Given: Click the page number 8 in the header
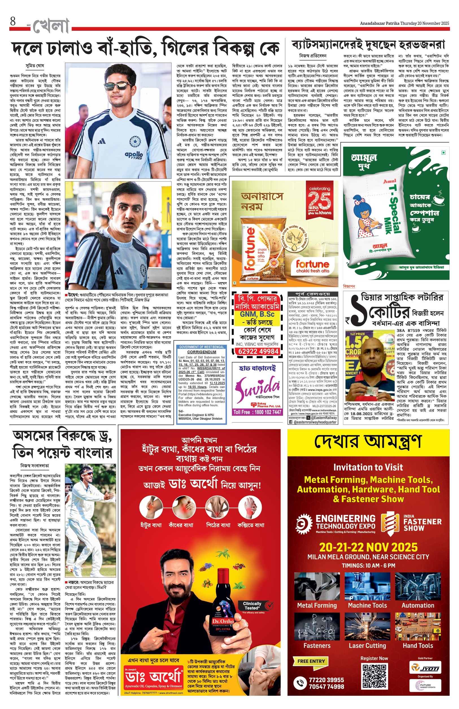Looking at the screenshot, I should pos(12,21).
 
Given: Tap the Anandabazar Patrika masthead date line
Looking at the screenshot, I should pos(404,23).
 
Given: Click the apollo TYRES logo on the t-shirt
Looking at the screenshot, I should pos(134,155).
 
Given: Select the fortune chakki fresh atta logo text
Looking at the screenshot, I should pos(312,266).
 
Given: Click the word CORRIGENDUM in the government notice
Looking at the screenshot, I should pos(201,352).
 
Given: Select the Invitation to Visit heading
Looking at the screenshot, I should pos(368,467).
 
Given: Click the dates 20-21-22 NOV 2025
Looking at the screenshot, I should pos(368,547).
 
